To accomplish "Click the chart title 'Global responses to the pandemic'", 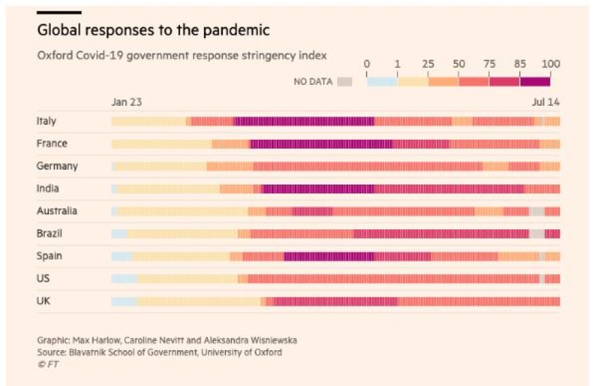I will tap(153, 31).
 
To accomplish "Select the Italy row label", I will tap(47, 121).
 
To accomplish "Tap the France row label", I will tap(51, 144).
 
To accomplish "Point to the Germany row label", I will tap(57, 166).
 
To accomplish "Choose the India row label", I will tap(47, 189).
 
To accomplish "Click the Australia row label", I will tap(57, 211).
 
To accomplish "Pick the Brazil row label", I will tap(49, 233).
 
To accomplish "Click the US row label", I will tap(43, 278).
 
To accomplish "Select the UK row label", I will tap(43, 301).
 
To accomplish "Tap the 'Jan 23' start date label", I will tap(127, 102).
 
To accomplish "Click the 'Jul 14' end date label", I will tap(547, 102).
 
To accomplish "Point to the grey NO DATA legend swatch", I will tap(345, 81).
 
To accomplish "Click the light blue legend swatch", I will tap(381, 81).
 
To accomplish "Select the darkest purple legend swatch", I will tap(535, 81).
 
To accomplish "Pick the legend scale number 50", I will tap(459, 64).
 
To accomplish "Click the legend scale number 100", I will tap(551, 64).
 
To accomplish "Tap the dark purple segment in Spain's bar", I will tap(328, 256).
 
